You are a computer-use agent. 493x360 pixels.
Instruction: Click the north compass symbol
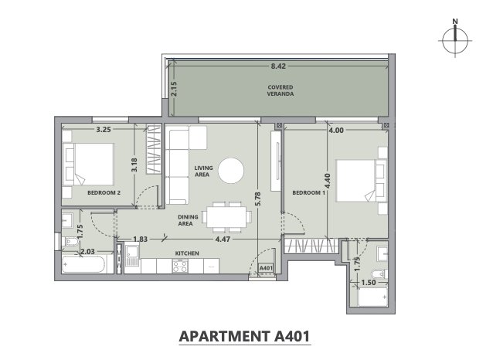pos(455,39)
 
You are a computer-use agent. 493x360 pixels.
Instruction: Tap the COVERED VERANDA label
pos(280,90)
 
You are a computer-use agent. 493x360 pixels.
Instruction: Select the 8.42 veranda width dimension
pos(278,66)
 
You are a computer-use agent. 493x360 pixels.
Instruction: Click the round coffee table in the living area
pos(231,171)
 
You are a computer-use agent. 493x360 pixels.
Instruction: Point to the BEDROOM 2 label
pos(104,192)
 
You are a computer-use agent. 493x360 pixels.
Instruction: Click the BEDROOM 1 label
pos(309,192)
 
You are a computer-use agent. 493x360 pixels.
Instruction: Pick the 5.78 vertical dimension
pos(258,199)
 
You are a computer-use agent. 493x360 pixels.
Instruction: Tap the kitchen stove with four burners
pos(180,266)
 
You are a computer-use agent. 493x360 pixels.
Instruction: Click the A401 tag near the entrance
pos(266,268)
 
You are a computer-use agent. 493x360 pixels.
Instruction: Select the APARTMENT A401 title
pos(245,336)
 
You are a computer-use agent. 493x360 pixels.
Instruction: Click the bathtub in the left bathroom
pos(83,265)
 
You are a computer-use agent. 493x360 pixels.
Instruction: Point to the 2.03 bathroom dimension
pos(88,252)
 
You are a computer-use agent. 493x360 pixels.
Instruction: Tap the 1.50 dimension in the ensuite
pos(368,283)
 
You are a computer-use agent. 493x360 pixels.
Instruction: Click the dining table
pos(226,217)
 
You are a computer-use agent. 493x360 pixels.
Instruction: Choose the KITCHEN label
pos(187,253)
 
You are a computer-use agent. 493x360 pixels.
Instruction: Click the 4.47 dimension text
pos(223,239)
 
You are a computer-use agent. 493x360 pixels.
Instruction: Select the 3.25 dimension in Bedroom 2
pos(104,130)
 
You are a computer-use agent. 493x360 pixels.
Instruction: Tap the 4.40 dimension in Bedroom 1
pos(328,181)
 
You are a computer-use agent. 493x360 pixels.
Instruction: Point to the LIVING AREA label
pos(203,172)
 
